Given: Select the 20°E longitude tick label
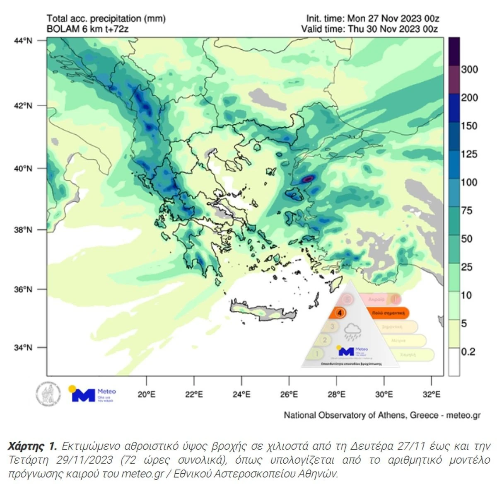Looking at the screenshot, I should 147,394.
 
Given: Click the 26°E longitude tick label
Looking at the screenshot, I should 289,394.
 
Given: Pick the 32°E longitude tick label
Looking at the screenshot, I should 432,394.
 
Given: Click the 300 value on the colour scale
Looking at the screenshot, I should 469,69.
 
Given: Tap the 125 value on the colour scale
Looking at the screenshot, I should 469,154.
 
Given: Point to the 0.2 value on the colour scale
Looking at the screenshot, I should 468,352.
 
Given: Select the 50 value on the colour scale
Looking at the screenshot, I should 467,239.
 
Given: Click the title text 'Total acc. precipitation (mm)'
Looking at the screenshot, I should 106,19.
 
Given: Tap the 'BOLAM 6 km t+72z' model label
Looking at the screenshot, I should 87,29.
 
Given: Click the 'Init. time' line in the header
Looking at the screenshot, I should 372,19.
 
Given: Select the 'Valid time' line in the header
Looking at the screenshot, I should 369,29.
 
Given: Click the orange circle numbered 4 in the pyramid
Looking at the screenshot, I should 340,313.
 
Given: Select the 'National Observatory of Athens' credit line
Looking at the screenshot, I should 382,415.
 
